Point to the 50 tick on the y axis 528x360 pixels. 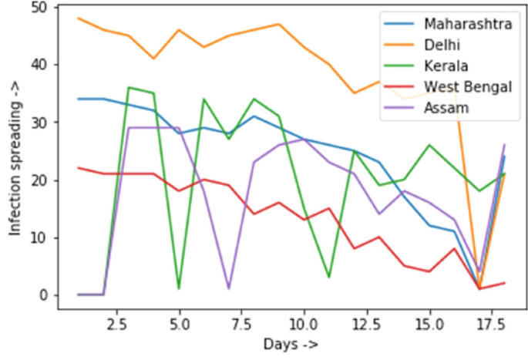pos(39,8)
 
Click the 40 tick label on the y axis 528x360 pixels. pos(39,65)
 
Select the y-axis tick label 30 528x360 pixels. pos(39,123)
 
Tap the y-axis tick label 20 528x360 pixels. pos(39,180)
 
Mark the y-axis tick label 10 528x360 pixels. pos(39,238)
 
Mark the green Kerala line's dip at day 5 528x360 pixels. pos(179,289)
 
